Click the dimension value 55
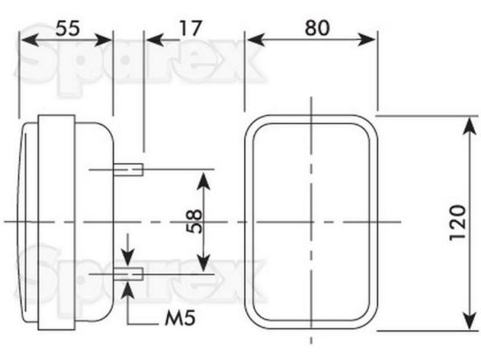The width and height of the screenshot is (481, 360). pyautogui.click(x=67, y=28)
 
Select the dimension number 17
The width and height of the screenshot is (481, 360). pyautogui.click(x=191, y=28)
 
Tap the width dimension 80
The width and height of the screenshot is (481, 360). pyautogui.click(x=317, y=28)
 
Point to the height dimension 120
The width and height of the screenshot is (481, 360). pyautogui.click(x=458, y=223)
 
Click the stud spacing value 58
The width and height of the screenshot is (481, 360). pyautogui.click(x=194, y=222)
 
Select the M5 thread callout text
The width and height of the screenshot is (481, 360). pyautogui.click(x=180, y=318)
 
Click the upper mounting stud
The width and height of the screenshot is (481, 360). pyautogui.click(x=129, y=170)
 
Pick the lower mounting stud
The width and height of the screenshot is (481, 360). pyautogui.click(x=129, y=273)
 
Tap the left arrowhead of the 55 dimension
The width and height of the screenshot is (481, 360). pyautogui.click(x=30, y=40)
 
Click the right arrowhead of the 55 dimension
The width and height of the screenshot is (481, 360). pyautogui.click(x=103, y=40)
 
